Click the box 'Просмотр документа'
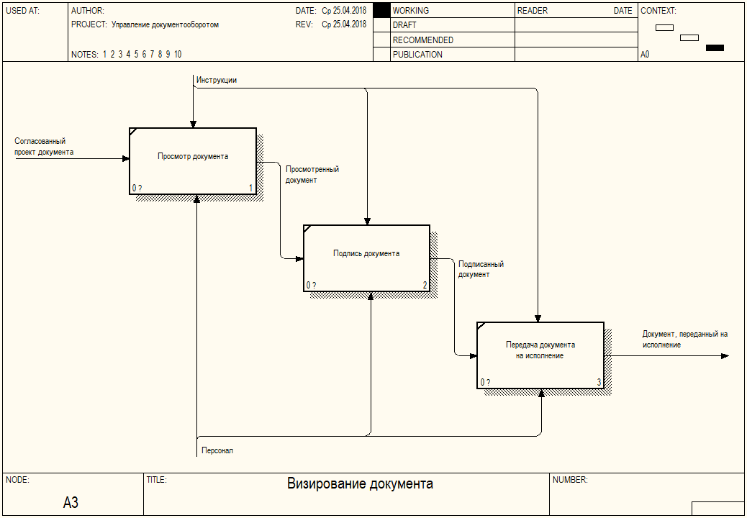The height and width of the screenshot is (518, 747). point(192,161)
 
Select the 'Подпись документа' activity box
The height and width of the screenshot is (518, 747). point(366,258)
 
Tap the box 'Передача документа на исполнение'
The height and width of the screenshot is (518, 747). point(540,355)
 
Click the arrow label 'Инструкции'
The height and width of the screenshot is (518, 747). point(217,80)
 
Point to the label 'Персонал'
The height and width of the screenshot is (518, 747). point(217,450)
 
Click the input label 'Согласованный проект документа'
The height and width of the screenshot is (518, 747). point(44,147)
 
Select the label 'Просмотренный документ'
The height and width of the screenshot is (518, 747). point(312,174)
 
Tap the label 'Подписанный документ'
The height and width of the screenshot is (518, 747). point(481,269)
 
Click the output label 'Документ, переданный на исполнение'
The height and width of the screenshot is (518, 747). point(685,340)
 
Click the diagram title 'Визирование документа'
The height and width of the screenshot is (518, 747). point(360,484)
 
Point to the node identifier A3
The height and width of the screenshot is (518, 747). point(71,502)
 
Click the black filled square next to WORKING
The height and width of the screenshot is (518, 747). point(381,11)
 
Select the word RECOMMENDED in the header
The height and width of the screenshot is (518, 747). point(423,40)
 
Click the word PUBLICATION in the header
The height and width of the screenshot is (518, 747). point(417,54)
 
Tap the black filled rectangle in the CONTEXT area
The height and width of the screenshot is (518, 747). point(715,47)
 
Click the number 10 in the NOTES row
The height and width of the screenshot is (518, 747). point(178,54)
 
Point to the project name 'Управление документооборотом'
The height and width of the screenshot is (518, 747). point(166,24)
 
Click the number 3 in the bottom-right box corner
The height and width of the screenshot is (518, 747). point(599,382)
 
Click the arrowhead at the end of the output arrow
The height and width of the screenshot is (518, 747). point(725,355)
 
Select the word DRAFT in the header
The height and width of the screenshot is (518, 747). point(404,25)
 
